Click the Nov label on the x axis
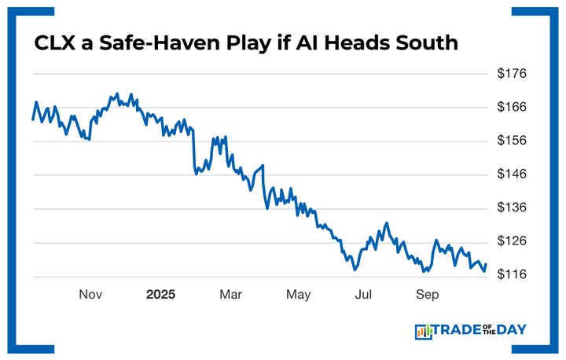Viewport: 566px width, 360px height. tap(90, 295)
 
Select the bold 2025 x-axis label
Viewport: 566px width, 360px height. tap(161, 295)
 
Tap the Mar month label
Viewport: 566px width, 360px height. tap(230, 295)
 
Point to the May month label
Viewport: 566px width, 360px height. tap(298, 295)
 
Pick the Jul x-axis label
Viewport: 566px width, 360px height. tap(363, 295)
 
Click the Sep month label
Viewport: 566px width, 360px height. tap(427, 295)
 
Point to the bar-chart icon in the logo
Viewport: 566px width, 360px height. tap(424, 332)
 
